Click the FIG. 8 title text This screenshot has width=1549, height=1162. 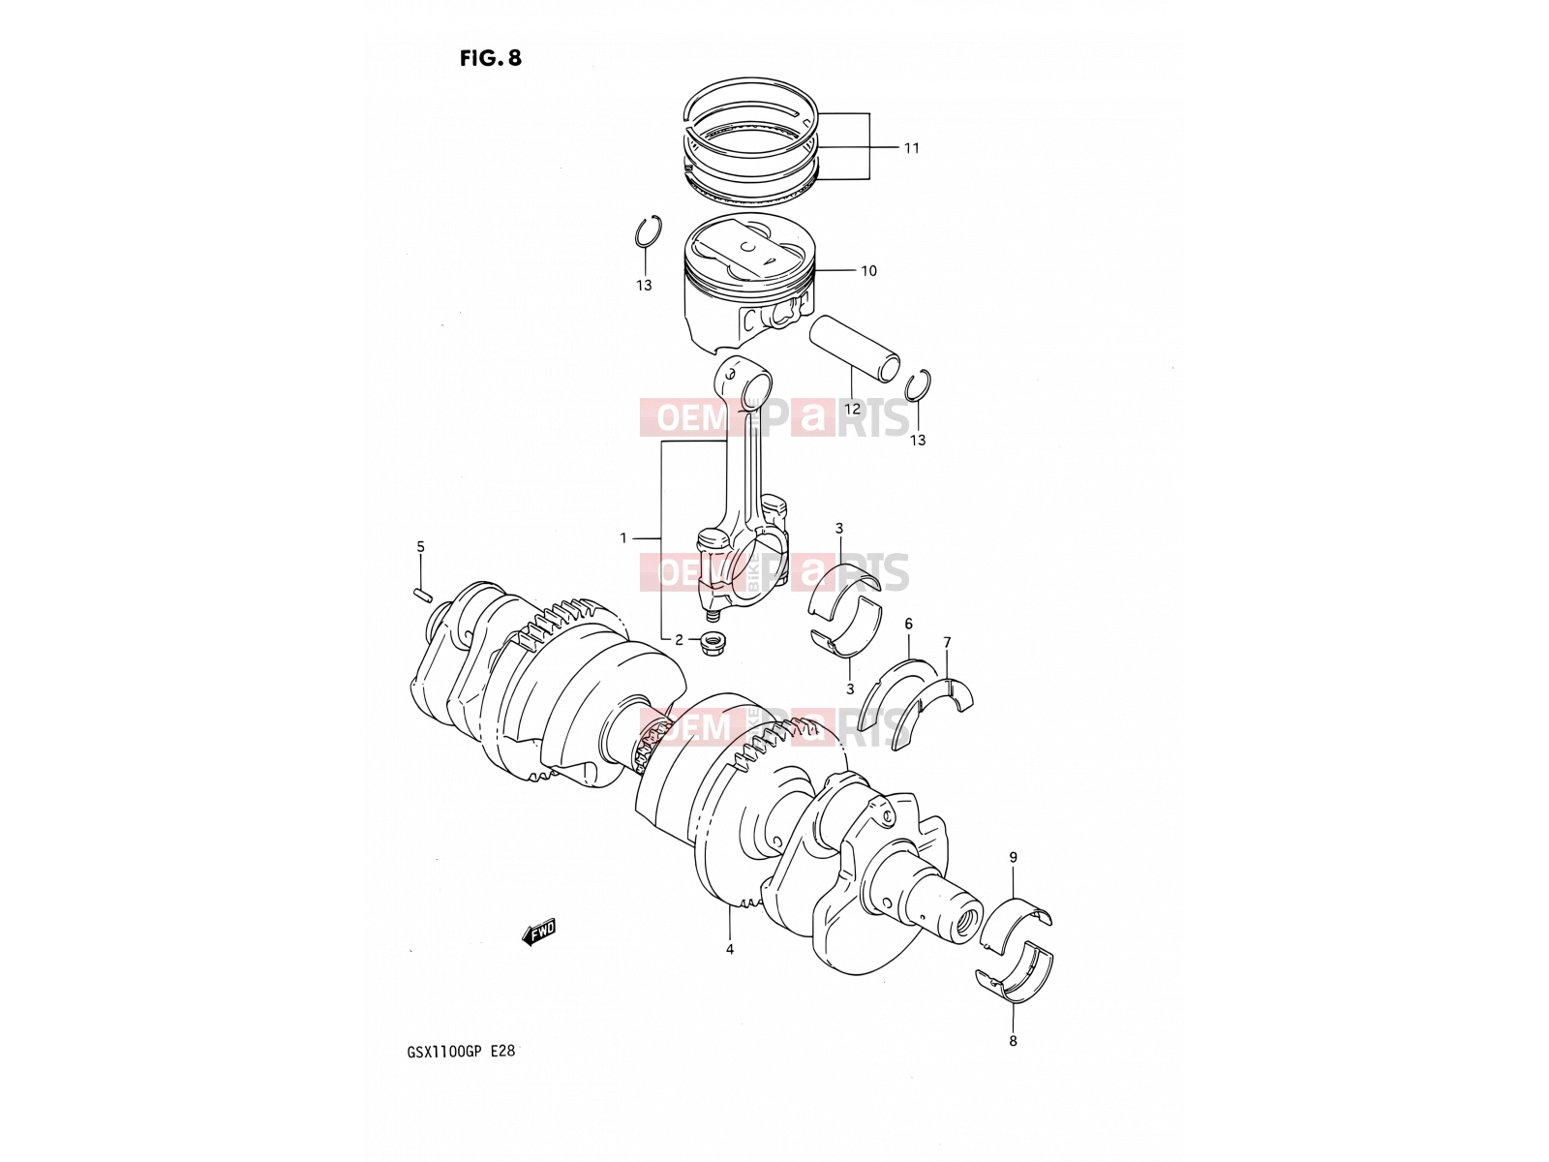point(491,58)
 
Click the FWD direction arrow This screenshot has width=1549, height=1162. point(538,932)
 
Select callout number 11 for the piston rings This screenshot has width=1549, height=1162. point(912,148)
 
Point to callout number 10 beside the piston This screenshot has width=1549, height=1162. point(868,271)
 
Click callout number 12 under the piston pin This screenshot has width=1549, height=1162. point(853,409)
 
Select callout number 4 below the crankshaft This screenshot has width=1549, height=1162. point(730,950)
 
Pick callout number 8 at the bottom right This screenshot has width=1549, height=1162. point(1013,1041)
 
